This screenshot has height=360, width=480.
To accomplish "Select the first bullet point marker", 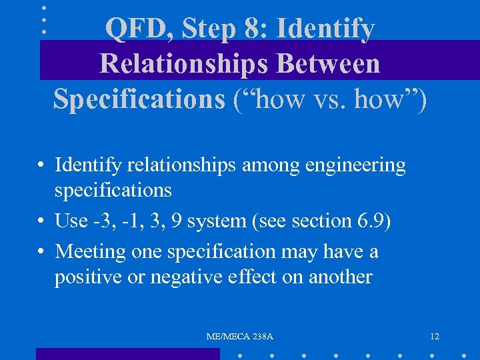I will pyautogui.click(x=41, y=165).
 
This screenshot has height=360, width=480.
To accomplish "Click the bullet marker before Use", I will pyautogui.click(x=41, y=221).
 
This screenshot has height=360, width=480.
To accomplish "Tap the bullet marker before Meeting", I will pyautogui.click(x=41, y=252).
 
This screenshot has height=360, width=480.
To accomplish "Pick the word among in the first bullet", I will pyautogui.click(x=265, y=165).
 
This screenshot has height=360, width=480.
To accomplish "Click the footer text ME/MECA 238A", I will pyautogui.click(x=240, y=337).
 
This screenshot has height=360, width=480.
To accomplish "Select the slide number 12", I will pyautogui.click(x=435, y=337).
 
